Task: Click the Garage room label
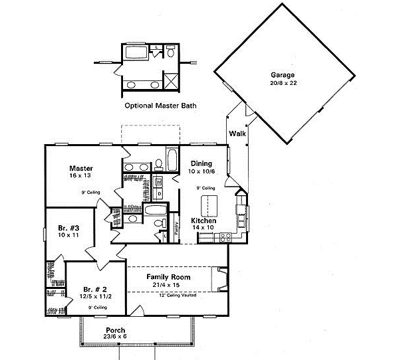tap(283, 74)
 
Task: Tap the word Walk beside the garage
tap(237, 134)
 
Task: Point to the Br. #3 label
tap(65, 227)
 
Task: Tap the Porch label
tap(116, 330)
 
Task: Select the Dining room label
tap(201, 163)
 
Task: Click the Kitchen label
tap(204, 220)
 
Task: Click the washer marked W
tap(160, 182)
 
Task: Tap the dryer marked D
tap(160, 193)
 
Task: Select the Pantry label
tap(176, 228)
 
